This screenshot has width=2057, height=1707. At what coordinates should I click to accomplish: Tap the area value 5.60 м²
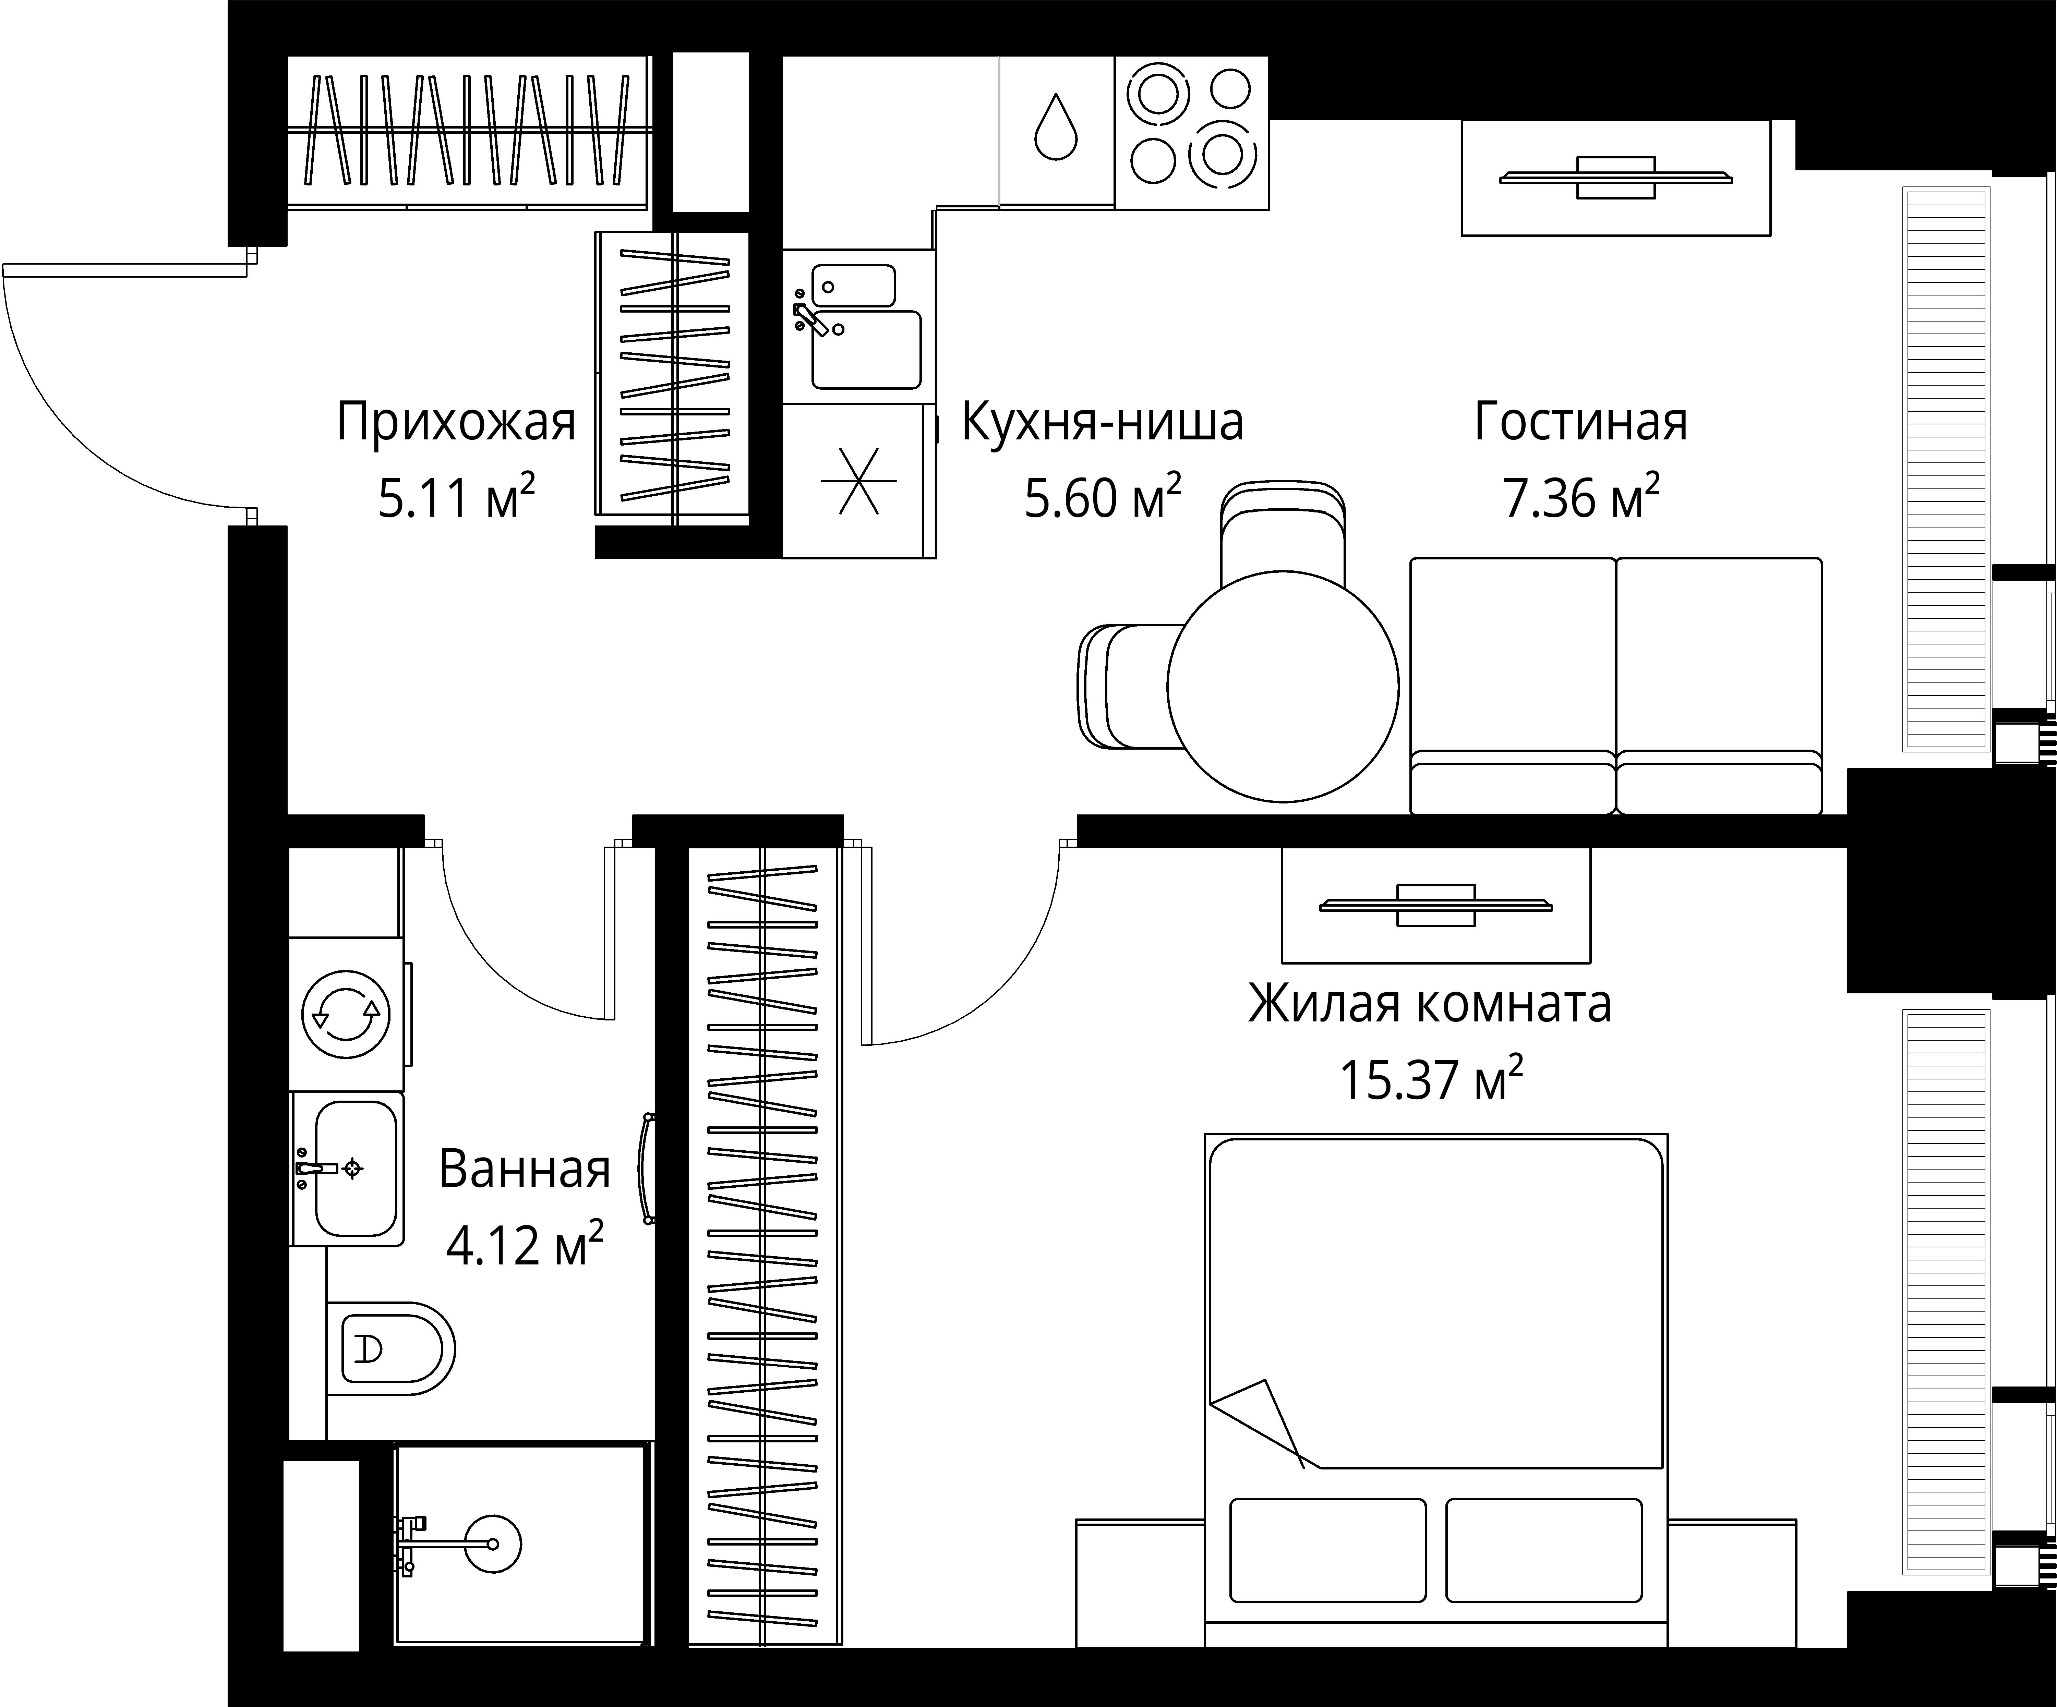(x=1102, y=497)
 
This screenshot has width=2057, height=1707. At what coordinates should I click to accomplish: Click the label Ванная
(x=524, y=1169)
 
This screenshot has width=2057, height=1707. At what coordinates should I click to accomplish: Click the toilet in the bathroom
(x=397, y=1348)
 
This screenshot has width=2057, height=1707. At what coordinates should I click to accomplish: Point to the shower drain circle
(x=493, y=1545)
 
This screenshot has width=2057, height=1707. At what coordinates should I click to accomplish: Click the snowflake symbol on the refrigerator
(x=858, y=481)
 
